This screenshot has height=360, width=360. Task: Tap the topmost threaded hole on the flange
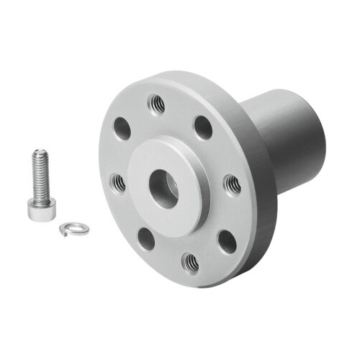click(x=156, y=104)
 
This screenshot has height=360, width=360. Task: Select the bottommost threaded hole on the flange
click(x=190, y=264)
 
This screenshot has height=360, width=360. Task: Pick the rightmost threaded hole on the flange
click(x=232, y=185)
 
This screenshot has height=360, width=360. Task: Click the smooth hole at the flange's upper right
click(x=204, y=127)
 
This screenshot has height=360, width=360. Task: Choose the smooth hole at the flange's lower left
click(x=146, y=238)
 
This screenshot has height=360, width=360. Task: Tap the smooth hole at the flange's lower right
click(x=227, y=240)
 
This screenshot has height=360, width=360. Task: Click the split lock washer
click(x=69, y=228)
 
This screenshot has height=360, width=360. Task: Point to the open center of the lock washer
click(x=70, y=227)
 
